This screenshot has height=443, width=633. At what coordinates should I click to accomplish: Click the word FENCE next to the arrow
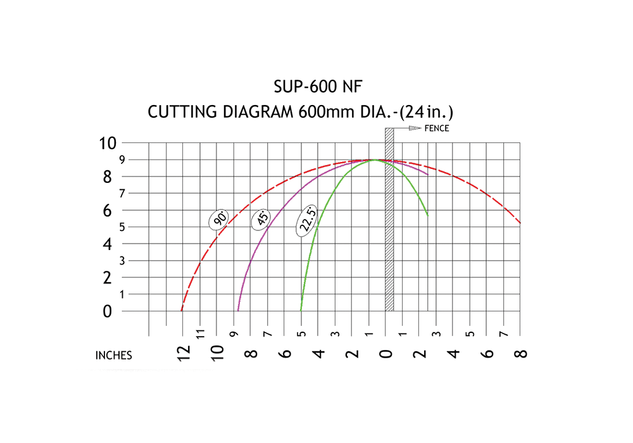[437, 128]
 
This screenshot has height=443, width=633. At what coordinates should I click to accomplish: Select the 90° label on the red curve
[220, 219]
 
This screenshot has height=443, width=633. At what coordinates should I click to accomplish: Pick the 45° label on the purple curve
[261, 219]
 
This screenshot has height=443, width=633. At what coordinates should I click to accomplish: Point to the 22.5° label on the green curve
[308, 222]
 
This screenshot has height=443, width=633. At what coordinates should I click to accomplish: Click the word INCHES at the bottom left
[114, 356]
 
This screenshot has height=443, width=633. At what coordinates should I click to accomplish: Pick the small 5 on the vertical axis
[122, 227]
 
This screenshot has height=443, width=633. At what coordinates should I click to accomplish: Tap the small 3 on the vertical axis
[122, 261]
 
